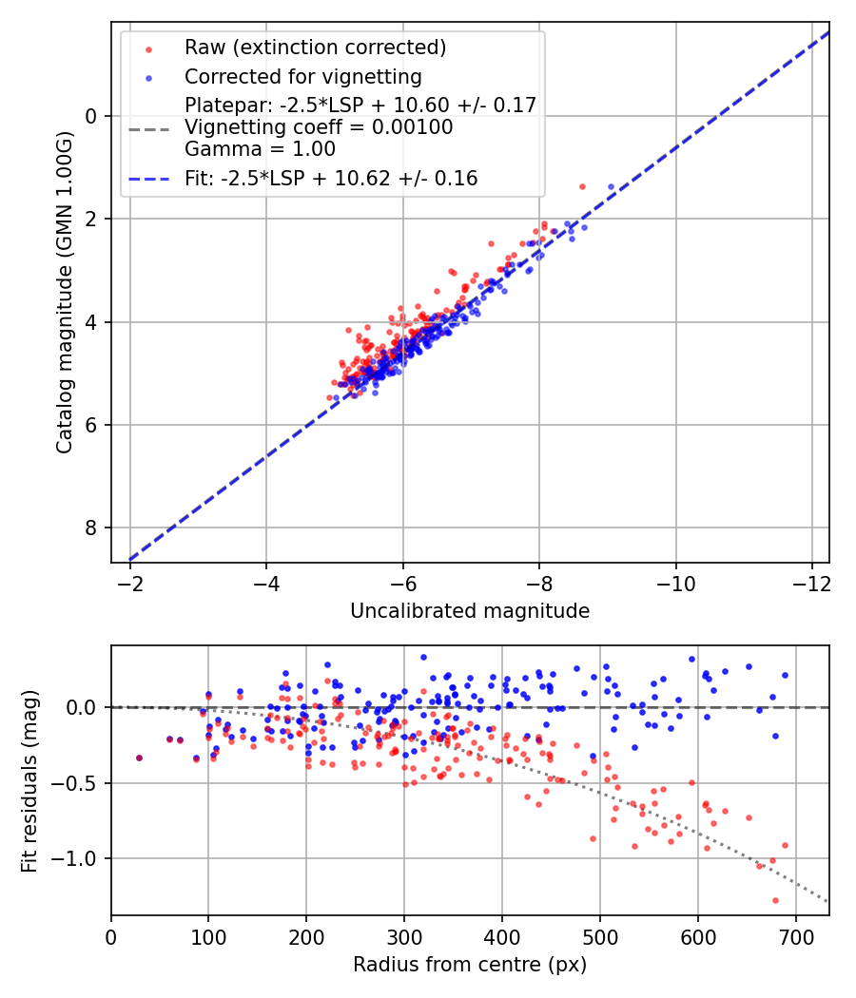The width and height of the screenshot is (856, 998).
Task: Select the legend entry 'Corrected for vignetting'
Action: (303, 76)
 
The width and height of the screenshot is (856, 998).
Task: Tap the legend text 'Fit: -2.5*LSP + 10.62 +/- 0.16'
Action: (331, 178)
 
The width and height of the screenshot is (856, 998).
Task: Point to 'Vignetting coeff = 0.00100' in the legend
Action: (319, 126)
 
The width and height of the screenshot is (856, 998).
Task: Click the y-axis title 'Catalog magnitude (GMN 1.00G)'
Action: (64, 292)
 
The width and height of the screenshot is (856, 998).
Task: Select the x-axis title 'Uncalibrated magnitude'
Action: (470, 610)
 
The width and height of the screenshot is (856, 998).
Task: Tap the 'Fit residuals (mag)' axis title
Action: (29, 780)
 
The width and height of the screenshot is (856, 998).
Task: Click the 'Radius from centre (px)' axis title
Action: (470, 965)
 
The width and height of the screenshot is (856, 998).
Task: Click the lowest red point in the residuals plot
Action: (775, 900)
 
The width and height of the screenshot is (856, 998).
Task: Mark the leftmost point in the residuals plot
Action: (139, 758)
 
